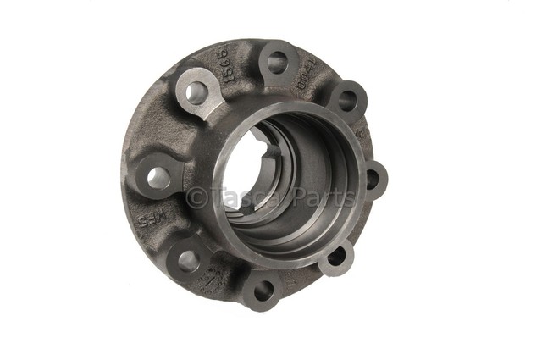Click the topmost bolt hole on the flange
click(278, 62)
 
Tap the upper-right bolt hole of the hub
click(347, 100)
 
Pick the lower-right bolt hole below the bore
click(336, 256)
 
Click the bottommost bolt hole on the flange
click(263, 290)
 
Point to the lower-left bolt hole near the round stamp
click(188, 260)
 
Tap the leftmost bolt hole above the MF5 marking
click(158, 178)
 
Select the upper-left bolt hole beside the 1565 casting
click(196, 91)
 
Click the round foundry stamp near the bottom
click(210, 282)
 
